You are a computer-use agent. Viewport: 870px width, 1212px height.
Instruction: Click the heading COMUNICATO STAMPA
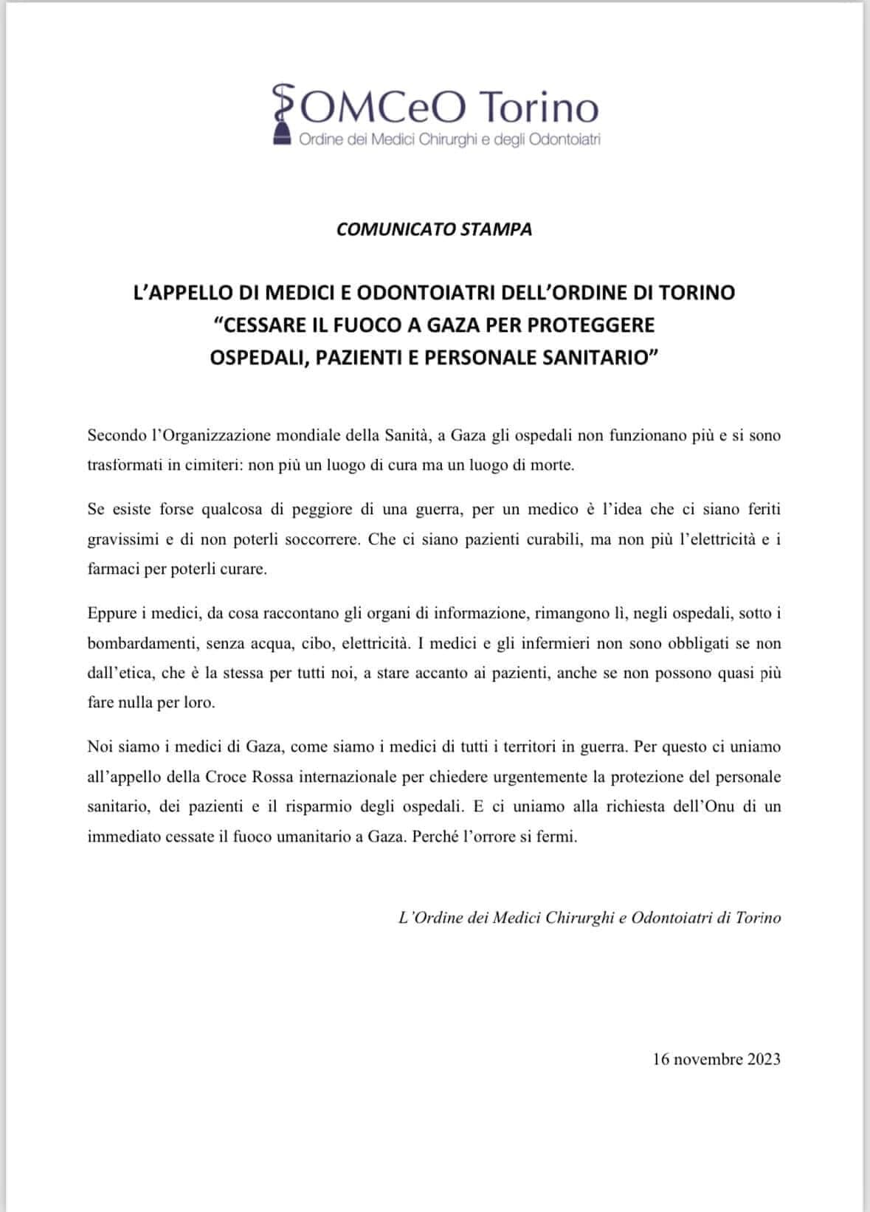coord(434,229)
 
